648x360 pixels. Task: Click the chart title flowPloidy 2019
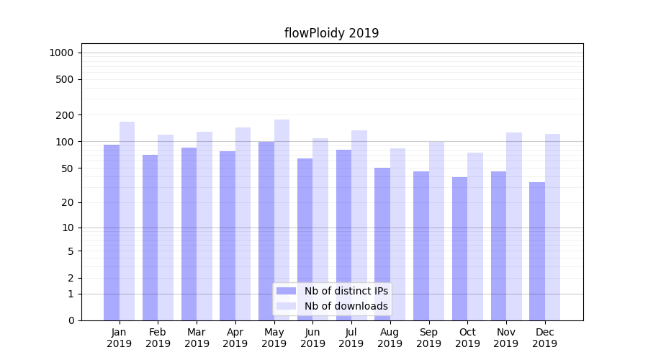331,33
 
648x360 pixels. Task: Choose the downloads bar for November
513,226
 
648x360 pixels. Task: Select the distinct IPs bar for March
189,233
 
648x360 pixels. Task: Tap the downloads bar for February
166,227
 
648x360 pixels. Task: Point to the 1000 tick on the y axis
61,53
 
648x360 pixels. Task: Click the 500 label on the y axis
64,79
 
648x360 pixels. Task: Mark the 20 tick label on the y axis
67,202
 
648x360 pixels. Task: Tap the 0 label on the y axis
71,320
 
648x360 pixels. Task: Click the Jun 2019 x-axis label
312,338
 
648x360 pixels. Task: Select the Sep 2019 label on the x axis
428,338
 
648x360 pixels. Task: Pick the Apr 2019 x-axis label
235,338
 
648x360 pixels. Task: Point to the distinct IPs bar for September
421,246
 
